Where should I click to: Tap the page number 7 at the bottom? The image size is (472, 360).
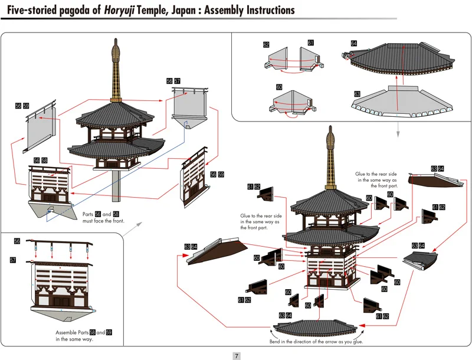coord(236,355)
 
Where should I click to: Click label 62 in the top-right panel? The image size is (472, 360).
coord(266,45)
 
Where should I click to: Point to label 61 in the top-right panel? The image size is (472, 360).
coord(310,42)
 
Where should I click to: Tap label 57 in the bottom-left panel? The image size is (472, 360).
coord(13,260)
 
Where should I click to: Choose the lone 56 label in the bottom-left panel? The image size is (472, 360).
coord(17,241)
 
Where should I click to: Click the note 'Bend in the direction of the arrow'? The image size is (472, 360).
coord(317,342)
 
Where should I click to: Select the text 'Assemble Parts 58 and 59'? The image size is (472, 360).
coord(83,333)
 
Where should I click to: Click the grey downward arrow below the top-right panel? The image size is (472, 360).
coord(398,126)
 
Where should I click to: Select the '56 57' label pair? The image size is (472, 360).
coord(173,81)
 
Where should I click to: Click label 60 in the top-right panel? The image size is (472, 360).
coord(279,87)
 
